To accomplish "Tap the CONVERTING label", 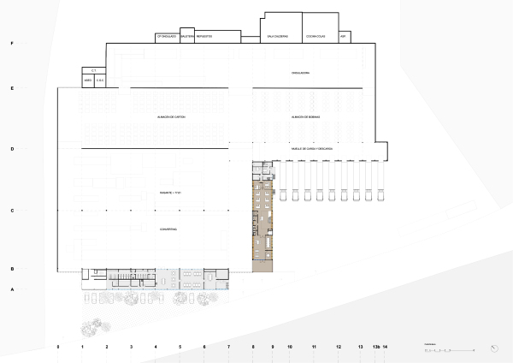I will click(168, 229).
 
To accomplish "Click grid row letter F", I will click(12, 43).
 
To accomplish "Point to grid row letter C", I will click(12, 210).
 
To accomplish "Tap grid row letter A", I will click(12, 289).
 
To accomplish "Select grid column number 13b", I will click(375, 347).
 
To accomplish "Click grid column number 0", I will click(57, 347).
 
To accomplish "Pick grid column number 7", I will click(228, 347).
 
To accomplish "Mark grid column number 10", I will click(290, 347).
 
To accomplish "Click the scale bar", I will click(448, 349).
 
